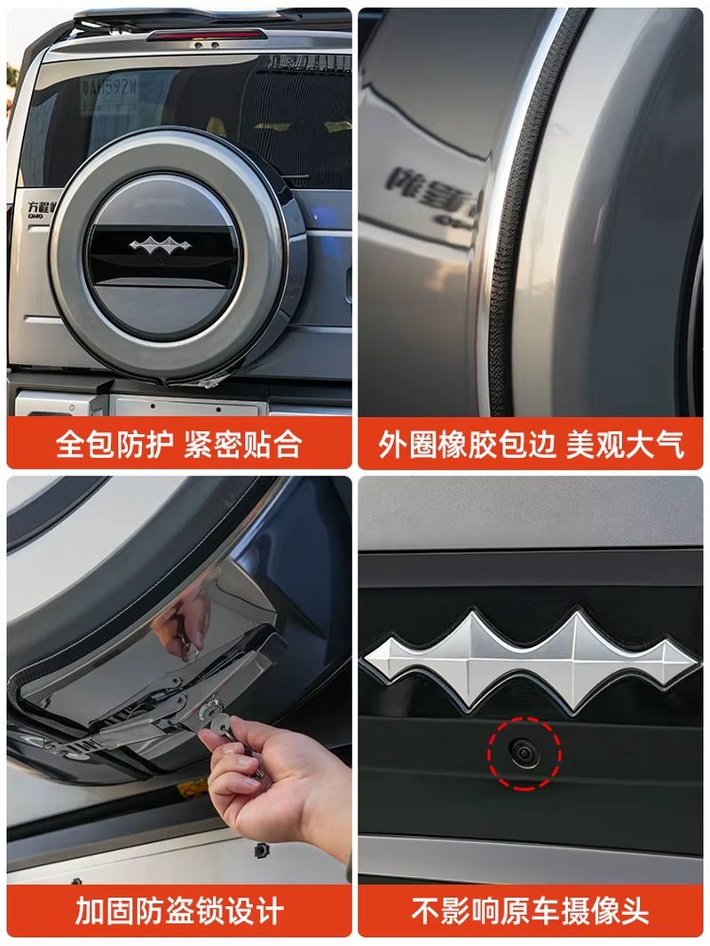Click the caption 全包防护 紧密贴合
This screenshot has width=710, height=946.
pyautogui.click(x=178, y=444)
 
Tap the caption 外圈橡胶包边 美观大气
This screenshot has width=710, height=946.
pyautogui.click(x=531, y=444)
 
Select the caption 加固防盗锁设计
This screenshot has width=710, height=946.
pyautogui.click(x=178, y=911)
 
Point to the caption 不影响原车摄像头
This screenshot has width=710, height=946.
pyautogui.click(x=531, y=911)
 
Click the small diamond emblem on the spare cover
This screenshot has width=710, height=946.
pyautogui.click(x=160, y=245)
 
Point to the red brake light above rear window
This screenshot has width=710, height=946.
pyautogui.click(x=207, y=35)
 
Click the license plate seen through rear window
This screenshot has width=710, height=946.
pyautogui.click(x=109, y=86)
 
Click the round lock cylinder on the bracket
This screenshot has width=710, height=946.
pyautogui.click(x=210, y=709)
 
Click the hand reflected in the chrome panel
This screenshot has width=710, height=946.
pyautogui.click(x=182, y=621)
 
